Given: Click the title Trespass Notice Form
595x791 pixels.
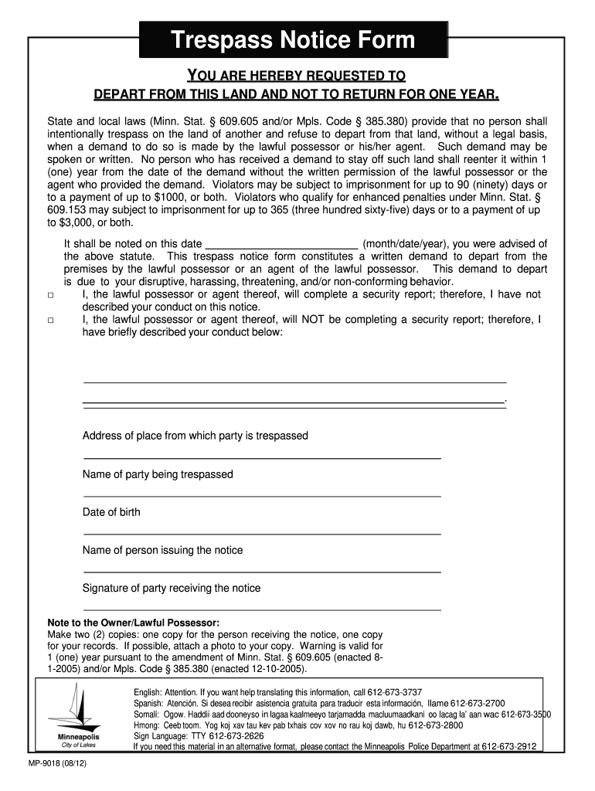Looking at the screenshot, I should tap(293, 40).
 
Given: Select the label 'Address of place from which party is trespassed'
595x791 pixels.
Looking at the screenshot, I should tap(195, 436).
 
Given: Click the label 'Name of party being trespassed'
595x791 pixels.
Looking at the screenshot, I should tap(158, 474).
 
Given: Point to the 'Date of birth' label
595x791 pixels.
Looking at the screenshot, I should tap(111, 512).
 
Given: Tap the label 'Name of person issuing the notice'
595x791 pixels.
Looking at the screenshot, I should tap(162, 550).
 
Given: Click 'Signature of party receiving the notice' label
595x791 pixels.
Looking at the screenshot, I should tap(172, 588).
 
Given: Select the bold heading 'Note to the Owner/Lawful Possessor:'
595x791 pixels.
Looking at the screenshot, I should tap(134, 623).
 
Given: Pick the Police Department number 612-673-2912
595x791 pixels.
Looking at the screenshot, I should tap(508, 747).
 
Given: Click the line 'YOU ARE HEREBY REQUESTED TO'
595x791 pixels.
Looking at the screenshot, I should tap(297, 76).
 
